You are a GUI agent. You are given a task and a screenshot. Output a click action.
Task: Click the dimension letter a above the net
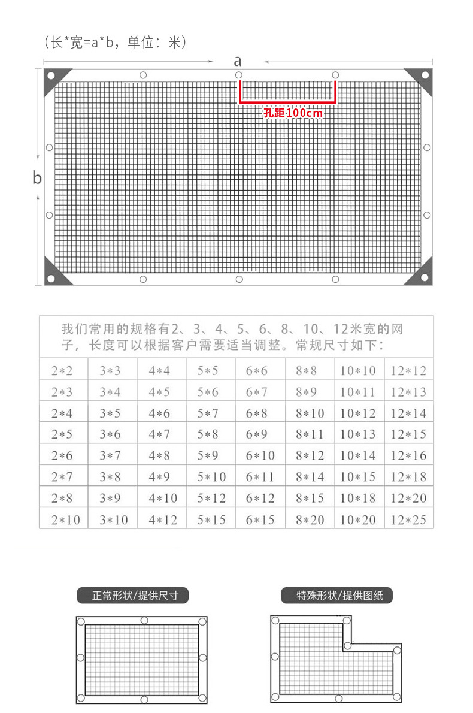tap(238, 61)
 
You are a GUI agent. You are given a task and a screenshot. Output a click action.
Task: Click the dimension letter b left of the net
tap(37, 178)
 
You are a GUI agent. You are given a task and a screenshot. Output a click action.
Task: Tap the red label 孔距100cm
tap(293, 113)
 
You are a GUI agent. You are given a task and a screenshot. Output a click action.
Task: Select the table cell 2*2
tap(62, 371)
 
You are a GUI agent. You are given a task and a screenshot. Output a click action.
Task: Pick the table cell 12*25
tap(408, 519)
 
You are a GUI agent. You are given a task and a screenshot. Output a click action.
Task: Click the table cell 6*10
tap(260, 455)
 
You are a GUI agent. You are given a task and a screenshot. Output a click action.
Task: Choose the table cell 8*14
tap(310, 477)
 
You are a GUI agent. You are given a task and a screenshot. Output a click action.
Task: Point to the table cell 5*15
tap(211, 519)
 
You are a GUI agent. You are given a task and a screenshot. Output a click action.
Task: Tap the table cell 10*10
tap(358, 371)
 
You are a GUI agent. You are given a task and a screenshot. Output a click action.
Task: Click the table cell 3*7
tap(111, 455)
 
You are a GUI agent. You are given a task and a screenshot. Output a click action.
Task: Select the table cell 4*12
tap(163, 519)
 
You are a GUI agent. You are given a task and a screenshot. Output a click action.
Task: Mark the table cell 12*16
tap(408, 455)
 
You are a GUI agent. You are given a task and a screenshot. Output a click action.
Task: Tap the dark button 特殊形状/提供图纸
tap(336, 596)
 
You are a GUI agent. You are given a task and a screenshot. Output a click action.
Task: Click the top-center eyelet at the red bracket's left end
tap(239, 75)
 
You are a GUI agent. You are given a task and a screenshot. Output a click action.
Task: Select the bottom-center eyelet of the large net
tap(239, 279)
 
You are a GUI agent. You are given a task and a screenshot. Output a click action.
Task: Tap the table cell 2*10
tap(65, 519)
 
